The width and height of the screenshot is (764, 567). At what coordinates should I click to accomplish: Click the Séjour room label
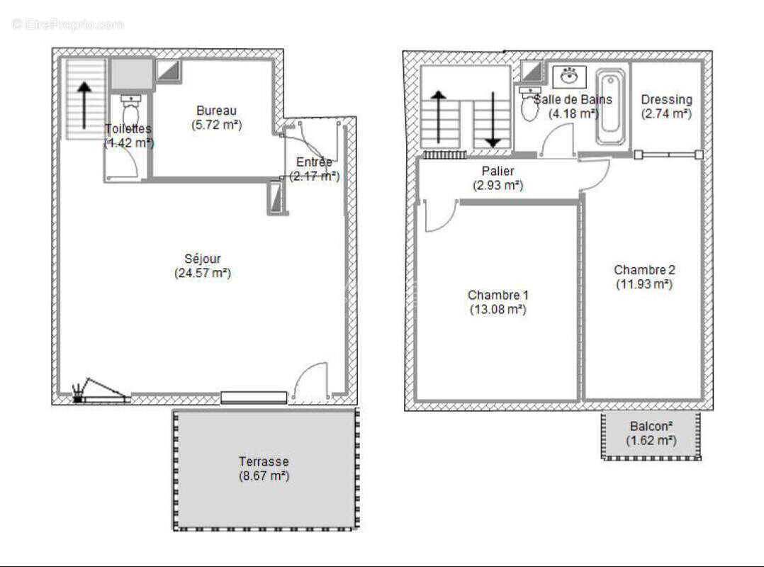click(x=203, y=259)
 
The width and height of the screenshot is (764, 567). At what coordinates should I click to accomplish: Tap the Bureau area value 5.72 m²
click(x=216, y=124)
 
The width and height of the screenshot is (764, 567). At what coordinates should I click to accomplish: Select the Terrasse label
click(x=263, y=461)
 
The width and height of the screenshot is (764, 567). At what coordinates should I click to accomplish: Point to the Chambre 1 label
click(x=498, y=295)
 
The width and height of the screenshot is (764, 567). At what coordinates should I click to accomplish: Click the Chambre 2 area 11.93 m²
click(x=644, y=283)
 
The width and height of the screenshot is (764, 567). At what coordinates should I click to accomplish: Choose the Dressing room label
click(x=666, y=100)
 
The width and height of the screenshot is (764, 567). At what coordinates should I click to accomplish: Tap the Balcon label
click(x=651, y=427)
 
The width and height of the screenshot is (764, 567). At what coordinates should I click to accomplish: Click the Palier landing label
click(x=498, y=172)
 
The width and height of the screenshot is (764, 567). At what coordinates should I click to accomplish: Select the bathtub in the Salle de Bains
click(x=609, y=107)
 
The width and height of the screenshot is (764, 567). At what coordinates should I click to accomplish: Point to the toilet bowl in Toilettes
click(x=130, y=113)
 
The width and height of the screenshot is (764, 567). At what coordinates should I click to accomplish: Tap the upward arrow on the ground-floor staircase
click(x=84, y=105)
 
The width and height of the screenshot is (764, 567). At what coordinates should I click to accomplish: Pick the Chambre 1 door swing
click(x=439, y=215)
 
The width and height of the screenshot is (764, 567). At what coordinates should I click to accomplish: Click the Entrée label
click(x=314, y=162)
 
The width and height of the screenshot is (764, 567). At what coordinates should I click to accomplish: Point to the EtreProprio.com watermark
click(x=67, y=25)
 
